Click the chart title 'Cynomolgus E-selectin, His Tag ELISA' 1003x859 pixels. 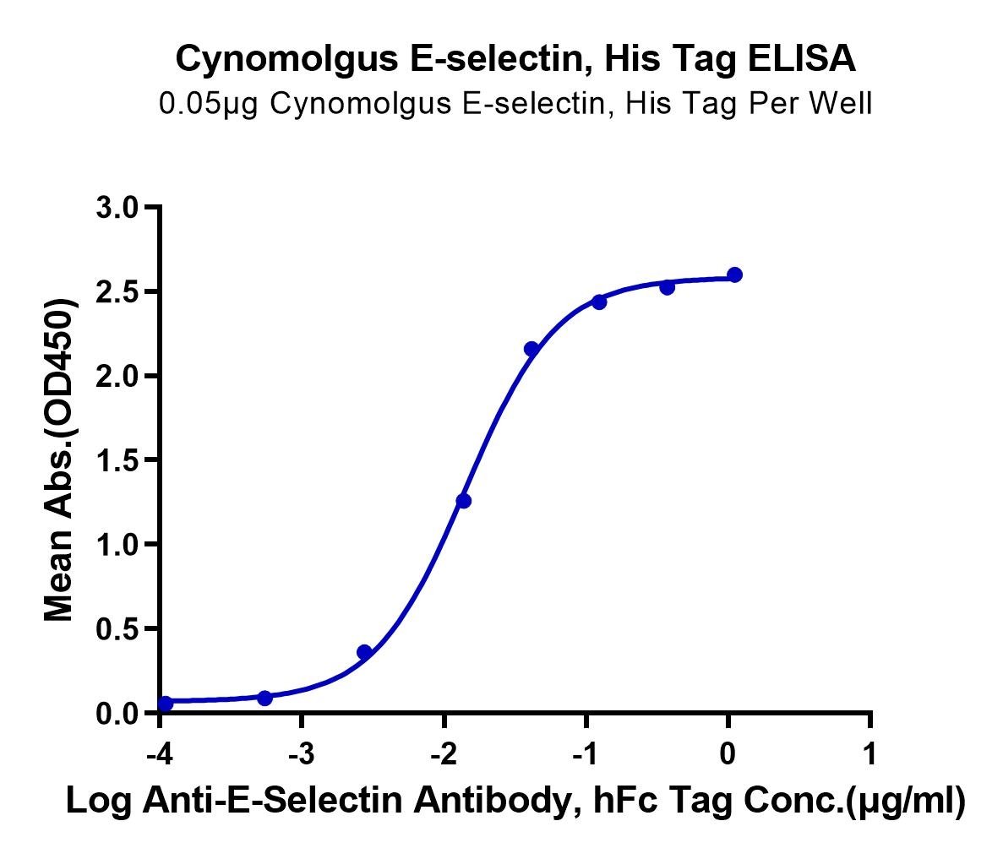[x=515, y=59]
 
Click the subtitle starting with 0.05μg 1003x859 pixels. [x=515, y=103]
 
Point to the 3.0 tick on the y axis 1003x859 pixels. [x=117, y=207]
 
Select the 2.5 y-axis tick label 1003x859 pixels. [x=117, y=291]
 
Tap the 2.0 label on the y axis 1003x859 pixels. [x=117, y=376]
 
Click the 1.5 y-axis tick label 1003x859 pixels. [x=117, y=460]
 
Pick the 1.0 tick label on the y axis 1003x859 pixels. [x=117, y=545]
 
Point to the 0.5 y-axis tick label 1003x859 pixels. [x=117, y=629]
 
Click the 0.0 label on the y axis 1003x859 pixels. [x=117, y=714]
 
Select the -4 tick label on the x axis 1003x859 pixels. [x=159, y=754]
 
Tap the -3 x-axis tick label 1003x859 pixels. [x=302, y=754]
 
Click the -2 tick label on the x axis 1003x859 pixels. [x=444, y=754]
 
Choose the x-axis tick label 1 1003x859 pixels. [x=870, y=754]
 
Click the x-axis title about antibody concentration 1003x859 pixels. [x=515, y=801]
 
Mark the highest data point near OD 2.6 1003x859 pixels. [x=735, y=275]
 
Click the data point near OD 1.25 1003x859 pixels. [x=464, y=501]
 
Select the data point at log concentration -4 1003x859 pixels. [x=165, y=704]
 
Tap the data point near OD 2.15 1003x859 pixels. [x=531, y=349]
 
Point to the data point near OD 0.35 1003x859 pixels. [x=364, y=652]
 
